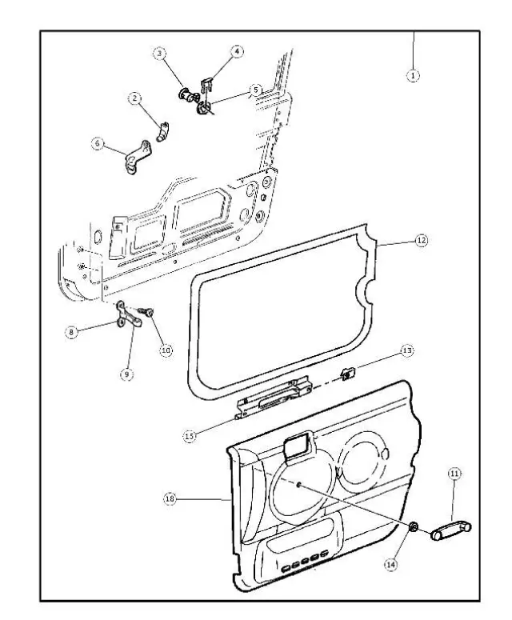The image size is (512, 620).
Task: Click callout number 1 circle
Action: pos(414,74)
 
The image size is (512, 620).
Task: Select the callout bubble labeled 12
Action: pos(422,239)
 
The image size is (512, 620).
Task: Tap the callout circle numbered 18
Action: pos(169,498)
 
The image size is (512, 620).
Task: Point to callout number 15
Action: pos(190,436)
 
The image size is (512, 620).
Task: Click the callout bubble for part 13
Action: pos(406,351)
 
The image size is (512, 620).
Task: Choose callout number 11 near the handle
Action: pos(454,474)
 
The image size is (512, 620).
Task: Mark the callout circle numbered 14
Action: pos(390,563)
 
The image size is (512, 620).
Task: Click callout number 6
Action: pos(98,143)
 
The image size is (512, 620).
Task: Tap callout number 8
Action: pos(72,331)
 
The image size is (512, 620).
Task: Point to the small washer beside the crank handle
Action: pos(414,526)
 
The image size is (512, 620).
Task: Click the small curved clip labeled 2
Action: pos(163,130)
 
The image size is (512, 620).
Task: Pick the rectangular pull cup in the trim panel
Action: pos(298,446)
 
